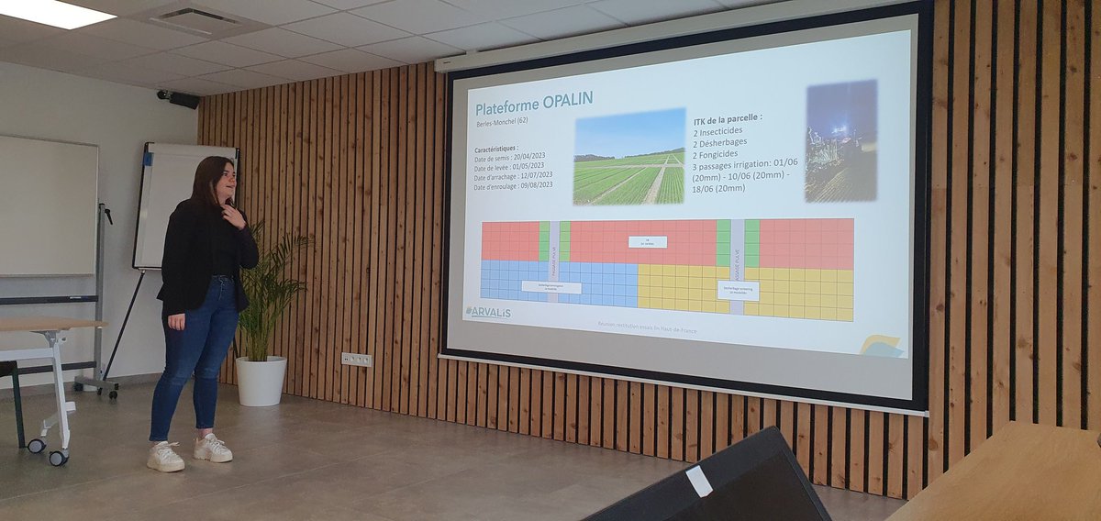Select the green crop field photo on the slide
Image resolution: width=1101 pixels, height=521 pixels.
coord(629,157)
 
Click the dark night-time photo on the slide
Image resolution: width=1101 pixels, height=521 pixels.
coord(840,140)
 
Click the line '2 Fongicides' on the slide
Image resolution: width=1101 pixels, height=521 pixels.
coord(720,155)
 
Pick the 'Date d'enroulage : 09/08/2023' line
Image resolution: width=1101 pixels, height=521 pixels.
coord(513,185)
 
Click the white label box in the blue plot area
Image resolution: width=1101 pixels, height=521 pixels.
coord(551,287)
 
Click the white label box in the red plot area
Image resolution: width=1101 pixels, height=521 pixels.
coord(648,242)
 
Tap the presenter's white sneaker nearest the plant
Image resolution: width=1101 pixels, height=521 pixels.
coord(213,449)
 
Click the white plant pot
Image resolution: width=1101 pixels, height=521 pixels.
coord(260,381)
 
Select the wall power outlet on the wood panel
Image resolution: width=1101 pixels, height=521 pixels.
coord(357,360)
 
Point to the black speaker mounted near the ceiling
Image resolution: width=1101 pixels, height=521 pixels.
coord(180,98)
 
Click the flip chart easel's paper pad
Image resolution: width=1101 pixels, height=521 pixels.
coord(171,206)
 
